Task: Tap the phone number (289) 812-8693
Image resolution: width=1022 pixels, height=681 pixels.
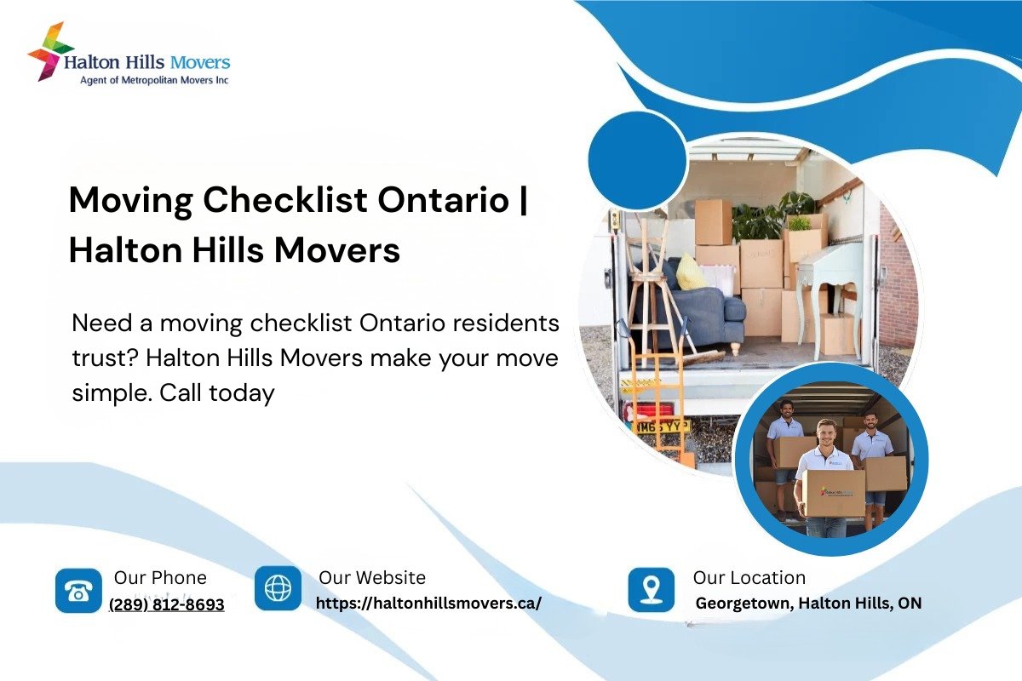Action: (167, 604)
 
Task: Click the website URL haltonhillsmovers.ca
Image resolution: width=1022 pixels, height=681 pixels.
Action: (428, 603)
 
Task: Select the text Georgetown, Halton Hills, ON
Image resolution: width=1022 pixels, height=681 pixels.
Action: (808, 603)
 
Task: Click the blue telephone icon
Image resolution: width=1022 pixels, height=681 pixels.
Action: (78, 590)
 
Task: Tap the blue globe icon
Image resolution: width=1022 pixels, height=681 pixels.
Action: (278, 588)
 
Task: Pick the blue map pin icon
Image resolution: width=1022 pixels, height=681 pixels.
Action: (651, 589)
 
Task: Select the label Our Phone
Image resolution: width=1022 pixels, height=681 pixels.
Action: (160, 578)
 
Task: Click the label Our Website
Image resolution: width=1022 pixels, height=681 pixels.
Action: (372, 578)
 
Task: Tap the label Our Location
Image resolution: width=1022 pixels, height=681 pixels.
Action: (749, 578)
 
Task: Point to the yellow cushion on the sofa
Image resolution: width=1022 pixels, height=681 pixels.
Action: (691, 272)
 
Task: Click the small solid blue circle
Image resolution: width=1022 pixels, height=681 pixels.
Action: (637, 160)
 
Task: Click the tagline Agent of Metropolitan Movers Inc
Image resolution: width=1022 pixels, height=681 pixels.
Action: (154, 80)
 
